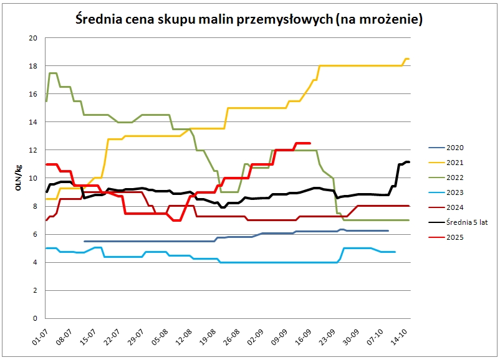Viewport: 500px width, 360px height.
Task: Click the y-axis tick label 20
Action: click(33, 38)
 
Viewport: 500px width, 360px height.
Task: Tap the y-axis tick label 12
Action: click(33, 150)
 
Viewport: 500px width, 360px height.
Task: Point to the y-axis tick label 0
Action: click(36, 318)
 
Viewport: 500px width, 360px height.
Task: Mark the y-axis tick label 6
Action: click(36, 234)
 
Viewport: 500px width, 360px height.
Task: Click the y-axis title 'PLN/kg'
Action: click(19, 178)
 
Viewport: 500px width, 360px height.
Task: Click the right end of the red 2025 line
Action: click(310, 143)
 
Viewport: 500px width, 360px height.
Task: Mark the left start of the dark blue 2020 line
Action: click(85, 241)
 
